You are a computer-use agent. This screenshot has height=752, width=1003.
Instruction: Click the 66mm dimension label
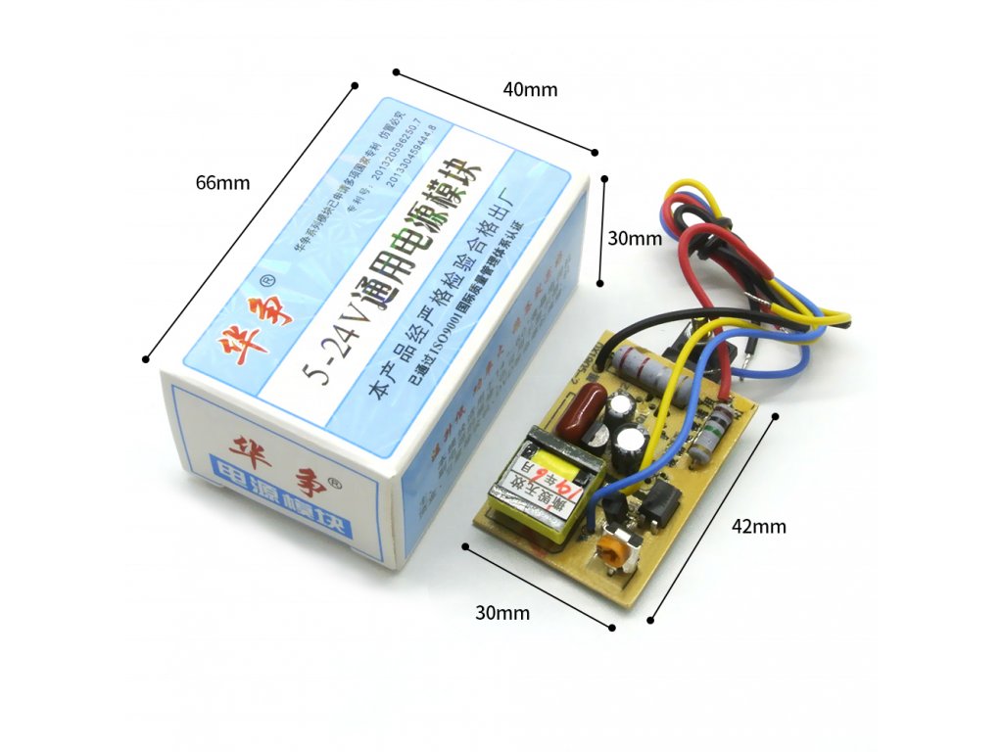point(222,183)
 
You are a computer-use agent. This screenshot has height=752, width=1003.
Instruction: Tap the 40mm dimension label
point(530,89)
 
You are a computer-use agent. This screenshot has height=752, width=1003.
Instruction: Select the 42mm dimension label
point(759,526)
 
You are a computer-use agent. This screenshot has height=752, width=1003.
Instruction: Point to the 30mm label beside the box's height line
point(634,238)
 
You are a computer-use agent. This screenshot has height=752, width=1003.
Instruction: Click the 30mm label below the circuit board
point(502,613)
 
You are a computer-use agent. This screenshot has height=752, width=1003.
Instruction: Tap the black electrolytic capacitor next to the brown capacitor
point(621,410)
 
